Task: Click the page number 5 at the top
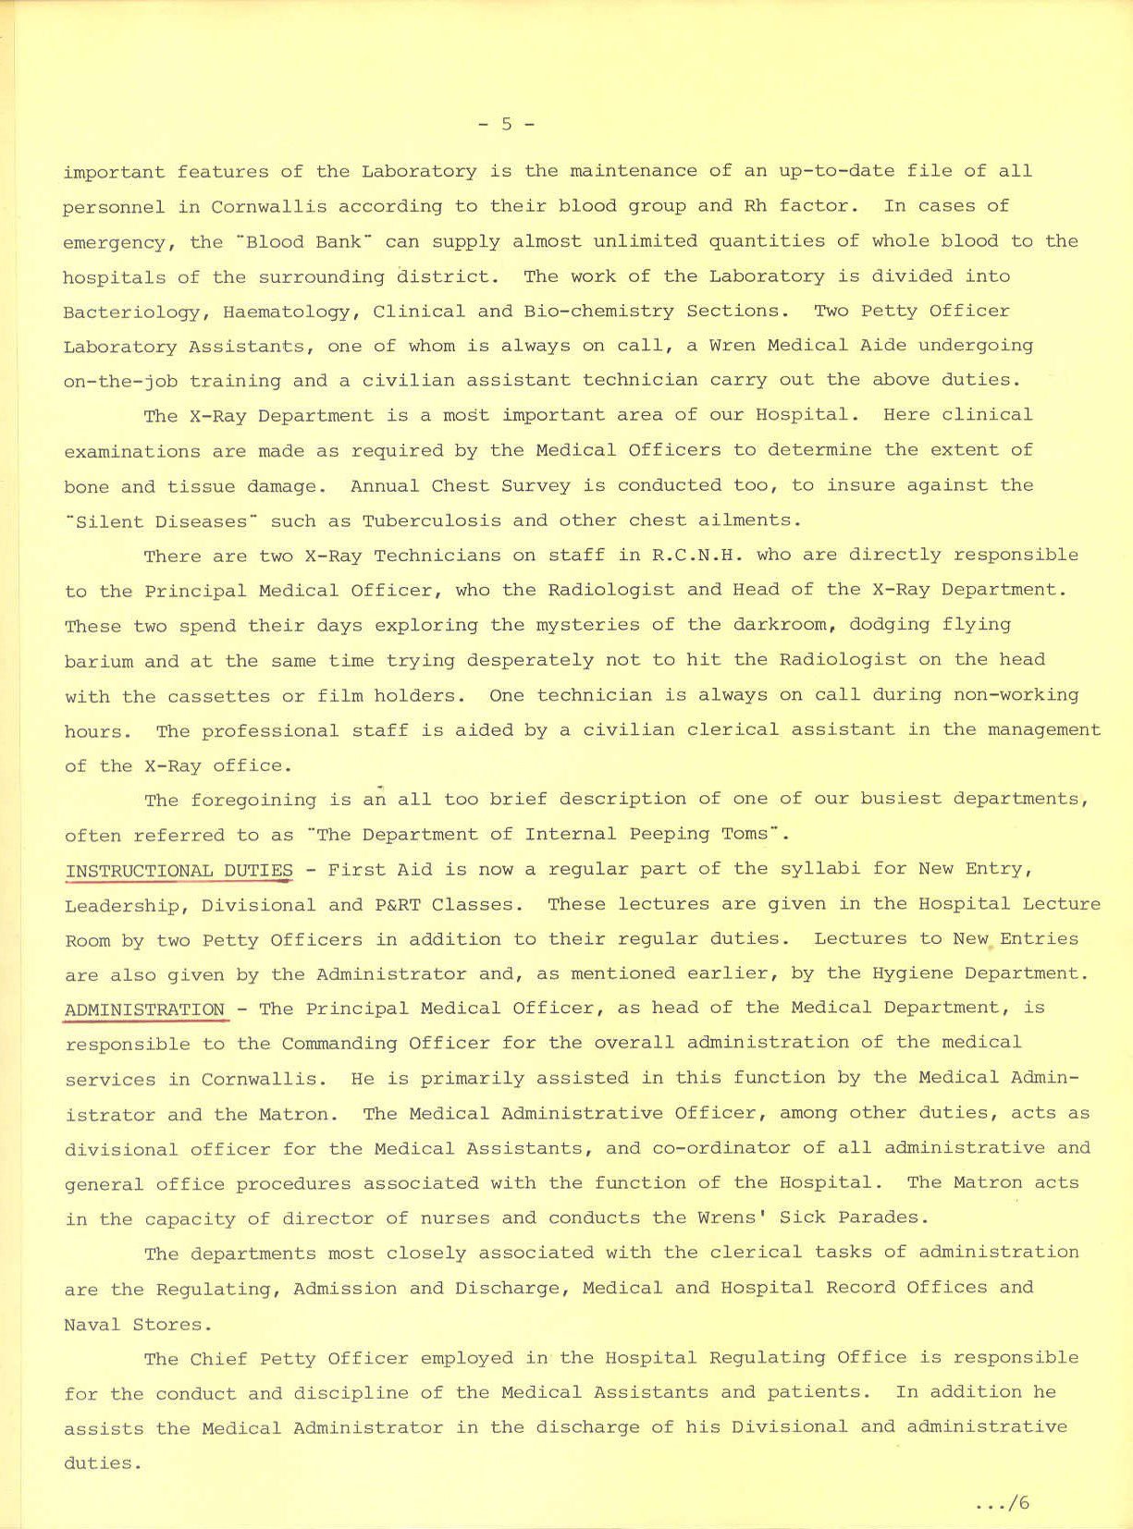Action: (506, 124)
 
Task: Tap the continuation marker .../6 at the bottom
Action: (1002, 1503)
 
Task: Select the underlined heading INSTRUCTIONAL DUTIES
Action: (179, 871)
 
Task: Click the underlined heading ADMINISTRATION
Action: (145, 1009)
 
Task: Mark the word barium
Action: (99, 661)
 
